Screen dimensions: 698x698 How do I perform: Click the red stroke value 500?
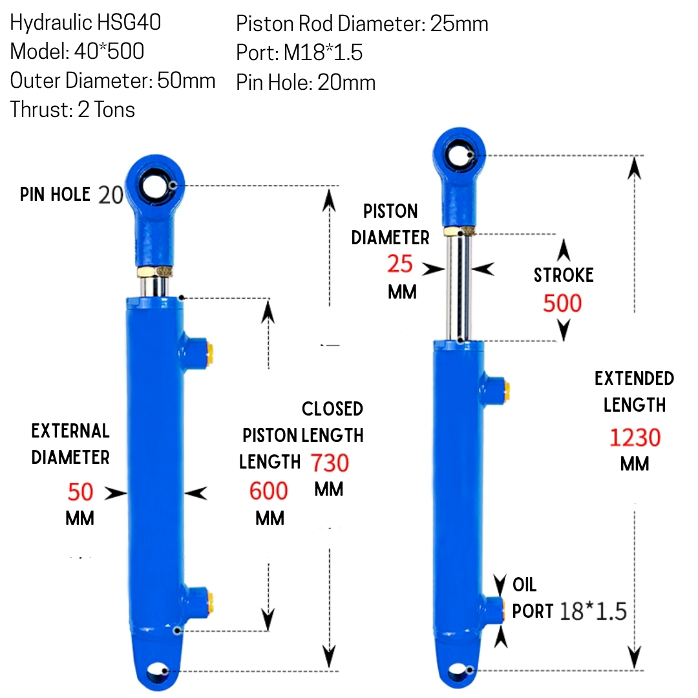tap(562, 303)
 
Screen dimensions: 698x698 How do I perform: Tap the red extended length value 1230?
tap(635, 437)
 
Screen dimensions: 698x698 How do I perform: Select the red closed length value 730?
tap(330, 463)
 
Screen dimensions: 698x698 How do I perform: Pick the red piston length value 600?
tap(268, 491)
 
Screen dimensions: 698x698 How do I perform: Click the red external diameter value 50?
tap(80, 492)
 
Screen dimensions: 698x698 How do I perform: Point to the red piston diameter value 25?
tap(400, 264)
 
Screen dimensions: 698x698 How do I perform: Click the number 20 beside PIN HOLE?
tap(111, 195)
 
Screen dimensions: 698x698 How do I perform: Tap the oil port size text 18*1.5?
tap(593, 611)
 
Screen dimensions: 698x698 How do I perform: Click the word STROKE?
tap(564, 275)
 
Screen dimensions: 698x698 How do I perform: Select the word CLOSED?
tap(332, 408)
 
